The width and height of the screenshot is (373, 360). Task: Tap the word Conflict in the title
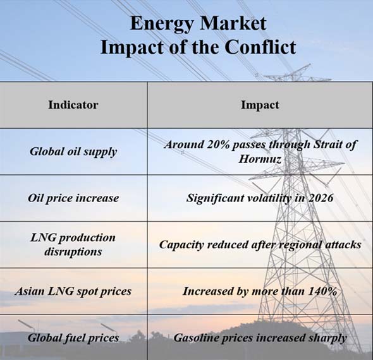[x=260, y=47]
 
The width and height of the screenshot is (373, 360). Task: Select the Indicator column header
[x=73, y=105]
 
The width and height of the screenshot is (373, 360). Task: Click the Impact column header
[x=260, y=105]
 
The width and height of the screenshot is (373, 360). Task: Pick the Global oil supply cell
[x=73, y=152]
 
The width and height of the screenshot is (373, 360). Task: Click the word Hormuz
[x=260, y=159]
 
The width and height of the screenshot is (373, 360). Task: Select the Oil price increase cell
[x=73, y=198]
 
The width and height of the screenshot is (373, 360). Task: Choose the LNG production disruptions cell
[x=73, y=244]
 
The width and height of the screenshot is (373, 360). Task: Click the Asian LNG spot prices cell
[x=73, y=291]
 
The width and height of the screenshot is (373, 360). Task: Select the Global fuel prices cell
[x=73, y=338]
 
